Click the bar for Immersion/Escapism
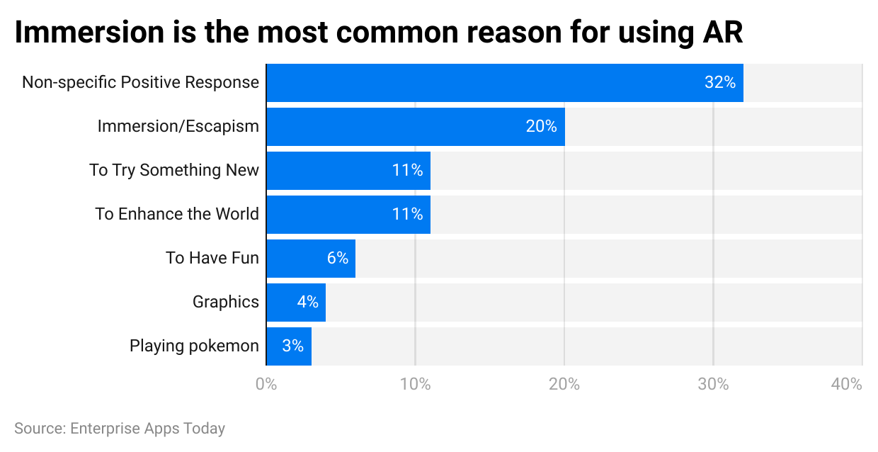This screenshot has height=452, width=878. tap(397, 127)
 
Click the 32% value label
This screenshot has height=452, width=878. tap(719, 83)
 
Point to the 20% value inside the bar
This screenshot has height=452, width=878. tap(541, 127)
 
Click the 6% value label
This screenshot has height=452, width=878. tap(338, 259)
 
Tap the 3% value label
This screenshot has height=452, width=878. tap(292, 346)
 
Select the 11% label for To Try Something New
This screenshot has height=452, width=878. tap(407, 171)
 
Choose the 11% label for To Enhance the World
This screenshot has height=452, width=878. tap(407, 215)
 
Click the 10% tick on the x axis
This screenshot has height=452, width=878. tap(415, 385)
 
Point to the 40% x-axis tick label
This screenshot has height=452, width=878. tap(847, 385)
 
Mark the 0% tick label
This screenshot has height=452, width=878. tap(266, 385)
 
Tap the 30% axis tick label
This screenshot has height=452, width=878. tap(713, 385)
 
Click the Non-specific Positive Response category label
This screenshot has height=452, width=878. tap(140, 83)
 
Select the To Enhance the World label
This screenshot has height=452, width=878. tap(177, 215)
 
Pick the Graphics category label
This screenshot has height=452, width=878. tap(226, 303)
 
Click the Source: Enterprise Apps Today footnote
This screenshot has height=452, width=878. tap(120, 429)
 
